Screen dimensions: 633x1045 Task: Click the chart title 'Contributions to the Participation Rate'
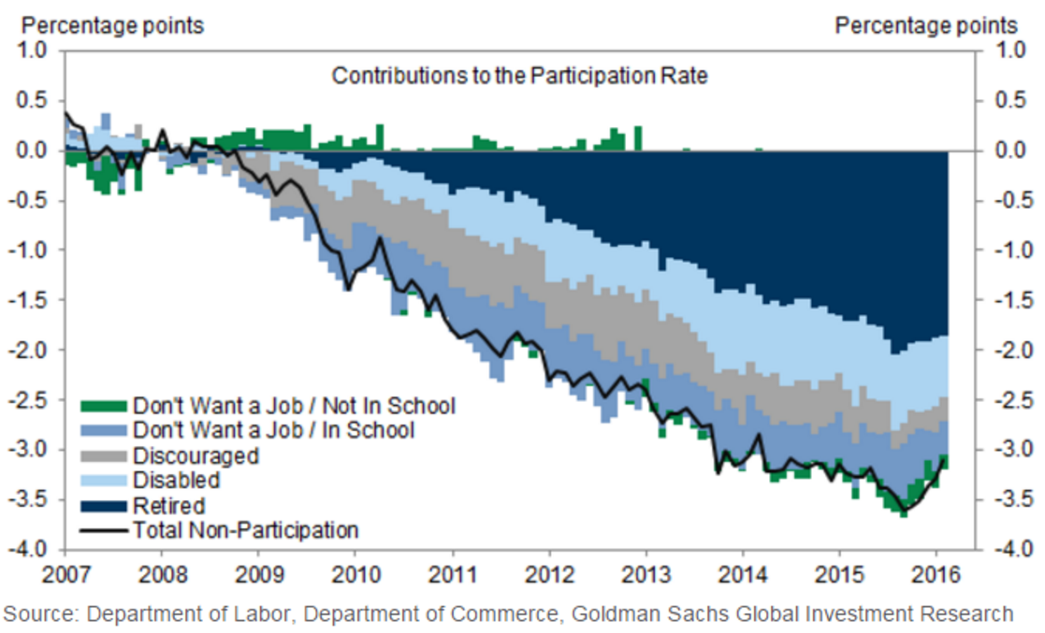click(520, 77)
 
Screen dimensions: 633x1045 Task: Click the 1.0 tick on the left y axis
click(37, 50)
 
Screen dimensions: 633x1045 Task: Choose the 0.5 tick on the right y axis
click(1006, 100)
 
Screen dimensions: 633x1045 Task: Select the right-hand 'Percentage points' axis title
click(926, 25)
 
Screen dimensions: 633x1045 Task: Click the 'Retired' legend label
click(168, 506)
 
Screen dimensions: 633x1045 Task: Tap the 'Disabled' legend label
click(177, 481)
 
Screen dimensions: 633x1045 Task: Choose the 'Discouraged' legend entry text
click(196, 455)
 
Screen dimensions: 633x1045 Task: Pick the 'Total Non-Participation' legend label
click(246, 530)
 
